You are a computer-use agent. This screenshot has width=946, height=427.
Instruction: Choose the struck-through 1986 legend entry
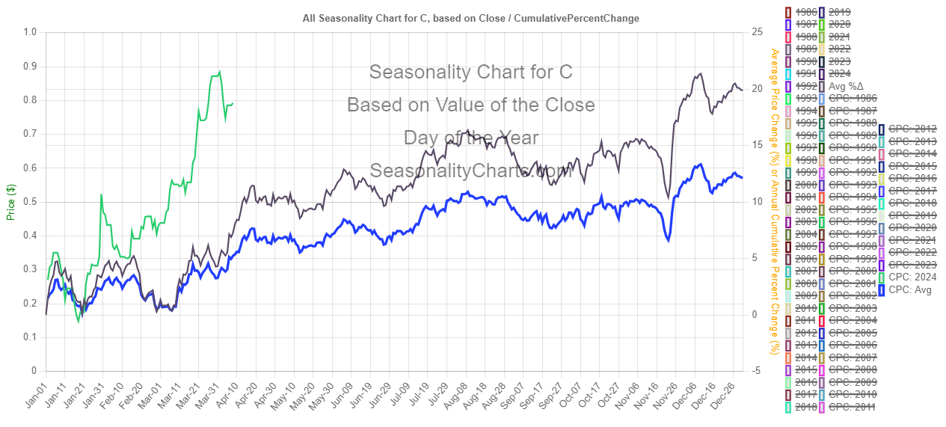point(799,11)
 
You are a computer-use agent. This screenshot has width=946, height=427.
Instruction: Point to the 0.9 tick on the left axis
point(30,67)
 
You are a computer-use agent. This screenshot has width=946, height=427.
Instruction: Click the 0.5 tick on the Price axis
point(30,202)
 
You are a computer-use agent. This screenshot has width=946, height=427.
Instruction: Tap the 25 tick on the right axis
point(757,32)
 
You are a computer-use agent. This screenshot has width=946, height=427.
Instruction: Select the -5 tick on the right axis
point(757,371)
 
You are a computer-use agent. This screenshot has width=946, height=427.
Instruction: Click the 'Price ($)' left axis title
point(10,202)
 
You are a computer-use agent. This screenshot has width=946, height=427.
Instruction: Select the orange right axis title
point(775,202)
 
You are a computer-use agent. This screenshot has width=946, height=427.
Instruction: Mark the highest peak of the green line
point(219,72)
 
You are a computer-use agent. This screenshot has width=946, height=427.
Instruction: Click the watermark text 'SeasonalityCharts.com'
point(470,171)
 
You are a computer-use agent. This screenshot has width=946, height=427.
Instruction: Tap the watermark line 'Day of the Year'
point(470,138)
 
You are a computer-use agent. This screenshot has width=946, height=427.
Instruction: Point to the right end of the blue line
point(742,177)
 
